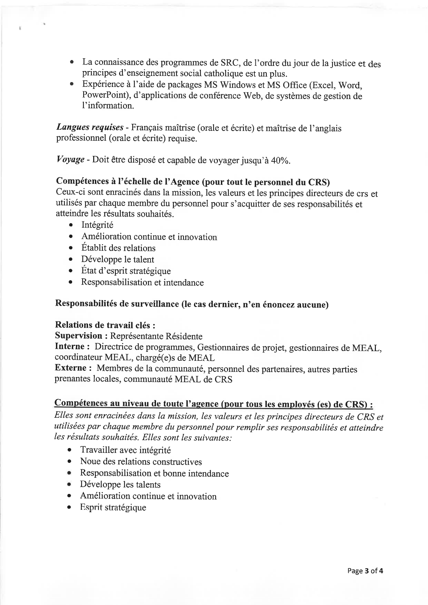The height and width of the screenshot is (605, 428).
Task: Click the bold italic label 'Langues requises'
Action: tap(90, 128)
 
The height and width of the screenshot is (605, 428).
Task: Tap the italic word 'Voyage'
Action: tap(70, 160)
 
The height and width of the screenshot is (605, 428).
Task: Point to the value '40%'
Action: tap(280, 161)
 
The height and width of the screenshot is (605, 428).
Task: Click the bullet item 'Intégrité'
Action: tap(97, 225)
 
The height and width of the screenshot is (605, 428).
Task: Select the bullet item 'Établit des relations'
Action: tap(118, 248)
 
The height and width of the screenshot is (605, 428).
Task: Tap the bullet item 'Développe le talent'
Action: tap(117, 259)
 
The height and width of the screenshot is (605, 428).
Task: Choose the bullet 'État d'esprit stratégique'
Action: tap(126, 271)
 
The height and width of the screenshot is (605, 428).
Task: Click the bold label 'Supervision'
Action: tap(79, 336)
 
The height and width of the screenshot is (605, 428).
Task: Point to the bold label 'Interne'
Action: tap(70, 347)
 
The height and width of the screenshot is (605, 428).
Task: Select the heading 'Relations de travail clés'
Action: tap(105, 325)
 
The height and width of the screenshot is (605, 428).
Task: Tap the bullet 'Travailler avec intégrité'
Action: tap(125, 450)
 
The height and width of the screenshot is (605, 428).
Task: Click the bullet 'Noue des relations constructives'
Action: tap(141, 462)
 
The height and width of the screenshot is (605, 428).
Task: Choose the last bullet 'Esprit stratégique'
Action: tap(113, 507)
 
